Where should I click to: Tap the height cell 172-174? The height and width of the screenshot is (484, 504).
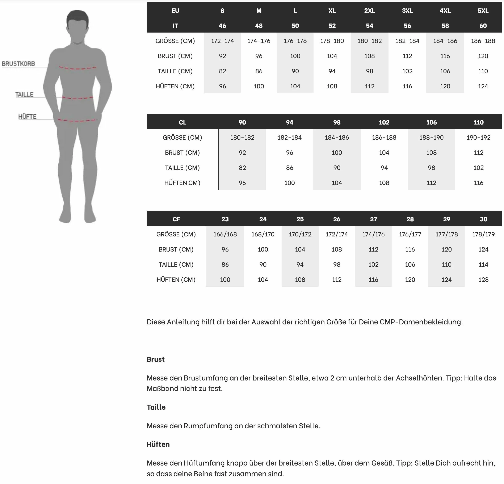222,41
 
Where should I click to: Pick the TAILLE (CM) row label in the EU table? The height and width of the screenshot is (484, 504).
175,71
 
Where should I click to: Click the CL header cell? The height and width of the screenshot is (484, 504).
182,122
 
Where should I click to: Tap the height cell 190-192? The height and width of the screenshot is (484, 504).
478,138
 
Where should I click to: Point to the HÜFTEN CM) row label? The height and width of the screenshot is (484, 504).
182,183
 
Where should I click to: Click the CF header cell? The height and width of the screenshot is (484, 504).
176,219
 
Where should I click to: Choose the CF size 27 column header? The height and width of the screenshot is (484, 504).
373,219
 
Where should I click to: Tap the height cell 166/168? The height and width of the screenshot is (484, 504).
225,234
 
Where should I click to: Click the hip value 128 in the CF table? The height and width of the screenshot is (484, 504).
483,279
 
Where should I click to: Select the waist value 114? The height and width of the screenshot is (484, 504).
483,264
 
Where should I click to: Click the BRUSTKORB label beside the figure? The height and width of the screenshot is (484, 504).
18,64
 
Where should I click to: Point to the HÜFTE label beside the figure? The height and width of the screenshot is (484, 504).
27,117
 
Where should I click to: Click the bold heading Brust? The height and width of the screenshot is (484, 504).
155,359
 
